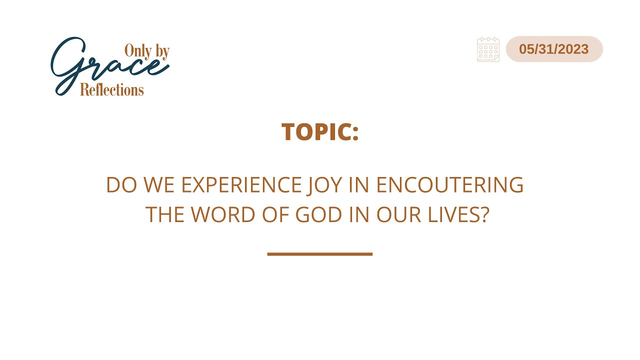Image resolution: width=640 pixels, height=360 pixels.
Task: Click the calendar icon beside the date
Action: coord(488,49)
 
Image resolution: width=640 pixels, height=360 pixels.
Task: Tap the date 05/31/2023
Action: coord(553,49)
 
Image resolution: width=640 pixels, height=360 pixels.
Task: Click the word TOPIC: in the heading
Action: coord(319,131)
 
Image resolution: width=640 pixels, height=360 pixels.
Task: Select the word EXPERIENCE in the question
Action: coord(241,185)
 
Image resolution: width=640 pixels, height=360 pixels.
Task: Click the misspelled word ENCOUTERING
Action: coord(449,185)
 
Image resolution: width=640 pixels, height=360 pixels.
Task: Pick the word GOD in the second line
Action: coord(318,214)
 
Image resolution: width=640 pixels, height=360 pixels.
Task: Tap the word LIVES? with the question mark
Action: coord(458,214)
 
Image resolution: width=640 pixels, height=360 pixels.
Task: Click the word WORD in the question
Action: coord(223,214)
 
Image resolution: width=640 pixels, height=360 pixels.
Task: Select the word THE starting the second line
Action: coord(165,214)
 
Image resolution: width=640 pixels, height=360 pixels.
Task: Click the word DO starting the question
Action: coord(121,185)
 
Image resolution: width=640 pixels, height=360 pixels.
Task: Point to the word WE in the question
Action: coord(159,185)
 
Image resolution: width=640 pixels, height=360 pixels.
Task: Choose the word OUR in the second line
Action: coord(398,214)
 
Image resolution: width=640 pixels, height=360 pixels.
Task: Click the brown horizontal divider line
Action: coord(319,254)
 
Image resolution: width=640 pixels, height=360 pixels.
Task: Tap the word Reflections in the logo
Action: coord(111,89)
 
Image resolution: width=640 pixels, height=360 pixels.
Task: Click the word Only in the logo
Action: coord(138,51)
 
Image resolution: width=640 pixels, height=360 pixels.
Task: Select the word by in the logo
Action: coord(162,51)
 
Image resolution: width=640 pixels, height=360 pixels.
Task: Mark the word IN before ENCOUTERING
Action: coord(359,185)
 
